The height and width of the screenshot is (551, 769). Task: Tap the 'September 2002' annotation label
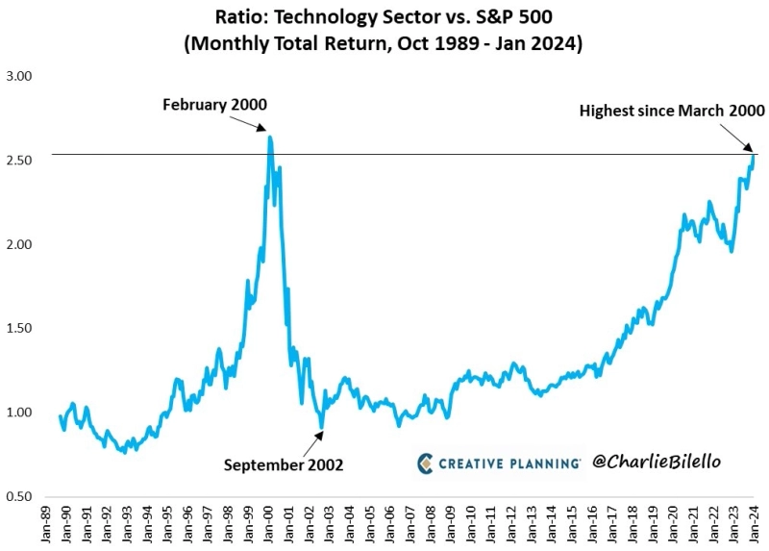tap(284, 464)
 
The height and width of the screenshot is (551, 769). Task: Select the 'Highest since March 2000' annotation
tap(672, 111)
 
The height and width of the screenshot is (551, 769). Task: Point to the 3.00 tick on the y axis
tap(19, 76)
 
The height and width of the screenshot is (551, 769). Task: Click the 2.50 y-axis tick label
tap(19, 160)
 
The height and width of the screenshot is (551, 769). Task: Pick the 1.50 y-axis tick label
tap(19, 328)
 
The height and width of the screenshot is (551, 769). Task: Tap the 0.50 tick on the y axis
tap(19, 496)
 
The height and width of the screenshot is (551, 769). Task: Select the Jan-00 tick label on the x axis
tap(269, 523)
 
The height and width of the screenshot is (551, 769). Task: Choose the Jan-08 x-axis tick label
tap(431, 523)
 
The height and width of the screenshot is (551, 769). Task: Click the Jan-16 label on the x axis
tap(592, 523)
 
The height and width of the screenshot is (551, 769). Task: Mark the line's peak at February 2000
tap(270, 138)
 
